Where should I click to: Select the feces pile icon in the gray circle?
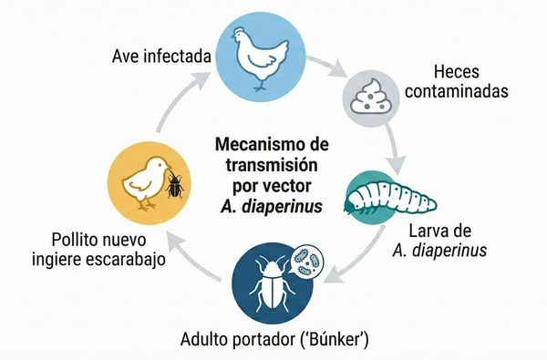click(373, 95)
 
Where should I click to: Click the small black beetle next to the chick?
click(175, 185)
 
